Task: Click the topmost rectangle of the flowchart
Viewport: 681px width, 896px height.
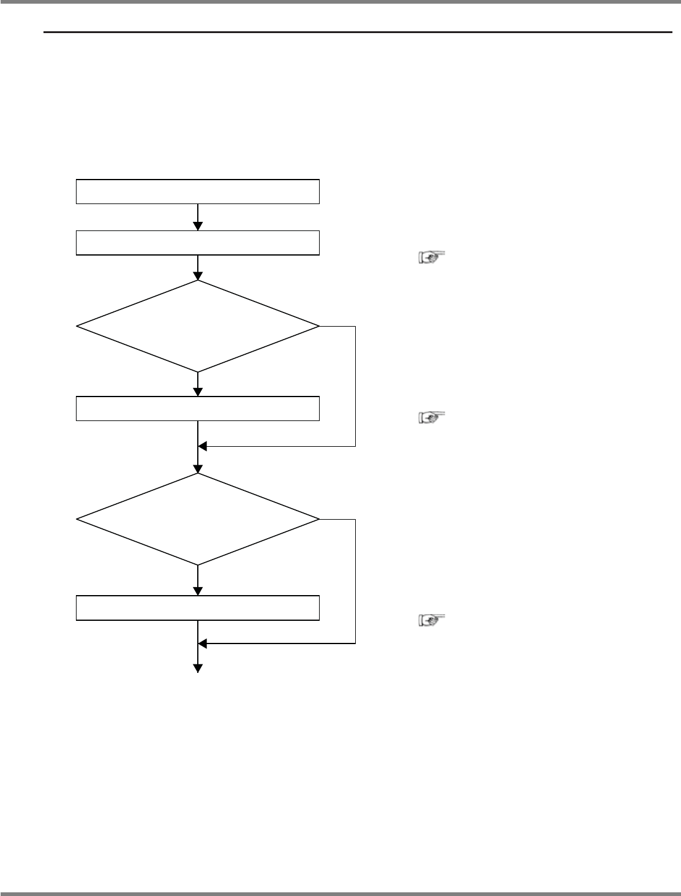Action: (x=197, y=191)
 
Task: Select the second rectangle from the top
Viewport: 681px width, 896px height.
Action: (x=197, y=242)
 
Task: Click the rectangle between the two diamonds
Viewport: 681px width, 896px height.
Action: (x=197, y=409)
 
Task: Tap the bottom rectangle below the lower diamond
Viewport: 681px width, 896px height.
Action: (x=197, y=607)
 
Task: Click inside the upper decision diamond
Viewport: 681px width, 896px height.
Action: (x=197, y=326)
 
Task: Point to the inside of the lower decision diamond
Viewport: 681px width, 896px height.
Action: (x=197, y=520)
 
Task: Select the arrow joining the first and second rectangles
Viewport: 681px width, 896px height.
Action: (x=198, y=217)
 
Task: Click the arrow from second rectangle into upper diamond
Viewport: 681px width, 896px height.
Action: (x=198, y=268)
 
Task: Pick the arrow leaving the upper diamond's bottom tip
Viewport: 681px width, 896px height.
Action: (x=198, y=384)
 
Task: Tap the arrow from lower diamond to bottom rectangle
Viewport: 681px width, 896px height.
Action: (x=198, y=580)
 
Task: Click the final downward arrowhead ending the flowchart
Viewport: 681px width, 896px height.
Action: (x=198, y=669)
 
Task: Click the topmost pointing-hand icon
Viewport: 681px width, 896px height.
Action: (x=431, y=258)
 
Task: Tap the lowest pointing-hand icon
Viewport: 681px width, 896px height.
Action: (x=431, y=621)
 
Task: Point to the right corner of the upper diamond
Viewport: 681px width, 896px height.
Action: (x=318, y=326)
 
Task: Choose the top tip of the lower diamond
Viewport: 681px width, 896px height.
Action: (x=198, y=474)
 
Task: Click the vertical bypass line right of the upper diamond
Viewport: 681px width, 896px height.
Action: (x=355, y=386)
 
